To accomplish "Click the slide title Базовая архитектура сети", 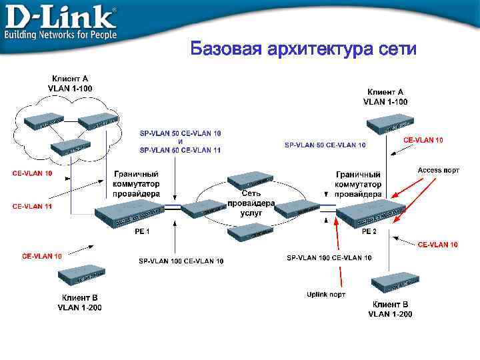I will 303,49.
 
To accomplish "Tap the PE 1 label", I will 142,231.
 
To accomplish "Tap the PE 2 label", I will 369,231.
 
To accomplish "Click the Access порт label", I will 438,170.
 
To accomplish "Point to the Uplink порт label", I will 326,294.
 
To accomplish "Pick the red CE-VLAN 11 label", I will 32,207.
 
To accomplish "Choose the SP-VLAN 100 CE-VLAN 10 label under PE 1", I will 181,261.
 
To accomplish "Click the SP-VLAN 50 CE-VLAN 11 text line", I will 180,150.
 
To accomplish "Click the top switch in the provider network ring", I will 250,180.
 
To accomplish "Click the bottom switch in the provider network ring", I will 250,232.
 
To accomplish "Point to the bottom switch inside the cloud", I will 69,147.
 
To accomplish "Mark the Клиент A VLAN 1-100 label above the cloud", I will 70,83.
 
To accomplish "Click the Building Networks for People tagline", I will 61,35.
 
